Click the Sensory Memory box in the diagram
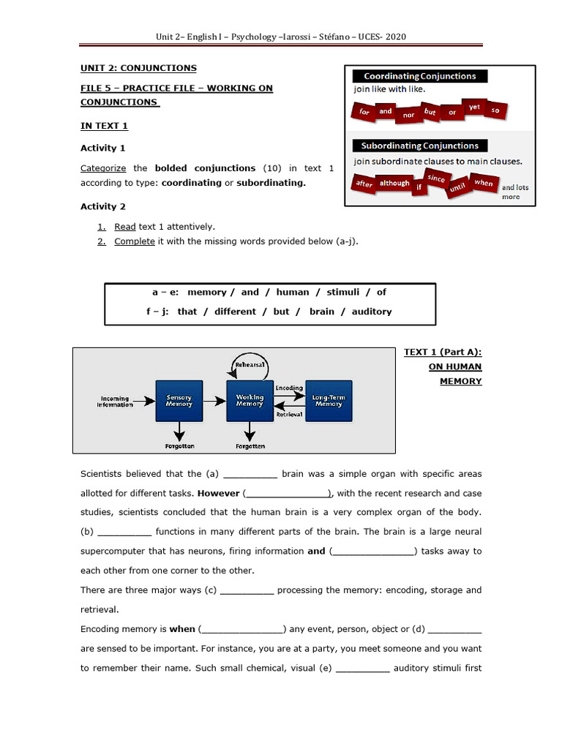pos(179,400)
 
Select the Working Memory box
pos(250,400)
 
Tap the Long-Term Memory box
pos(329,400)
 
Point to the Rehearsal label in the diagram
pos(250,365)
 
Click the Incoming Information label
pos(116,402)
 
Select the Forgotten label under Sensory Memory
pos(179,445)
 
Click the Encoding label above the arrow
pos(289,388)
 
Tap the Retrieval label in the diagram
pos(289,414)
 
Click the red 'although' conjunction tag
pos(394,184)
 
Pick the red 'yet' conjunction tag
pos(474,107)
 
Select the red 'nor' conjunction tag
pos(408,115)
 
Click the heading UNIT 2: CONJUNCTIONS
pos(138,68)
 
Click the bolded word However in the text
pos(218,493)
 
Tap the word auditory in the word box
pos(372,311)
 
